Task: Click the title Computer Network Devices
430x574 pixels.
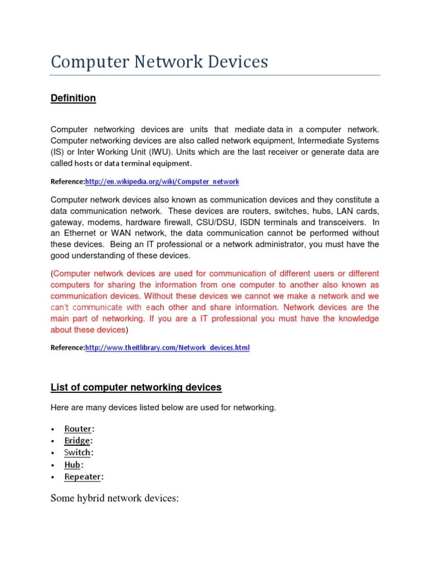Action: point(159,62)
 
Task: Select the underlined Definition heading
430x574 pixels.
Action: point(73,98)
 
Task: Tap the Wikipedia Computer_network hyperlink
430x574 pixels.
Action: point(162,182)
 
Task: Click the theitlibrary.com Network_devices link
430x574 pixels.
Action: point(167,348)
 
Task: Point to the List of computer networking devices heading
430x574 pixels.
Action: point(136,387)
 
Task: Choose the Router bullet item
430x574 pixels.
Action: point(78,429)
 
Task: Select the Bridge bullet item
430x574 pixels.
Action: point(77,441)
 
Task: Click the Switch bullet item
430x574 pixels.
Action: point(77,452)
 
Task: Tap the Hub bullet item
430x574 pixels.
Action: point(73,465)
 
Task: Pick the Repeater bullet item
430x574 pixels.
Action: point(83,477)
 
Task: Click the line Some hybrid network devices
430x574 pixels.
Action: point(114,498)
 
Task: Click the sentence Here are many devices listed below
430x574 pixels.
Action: point(163,408)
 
